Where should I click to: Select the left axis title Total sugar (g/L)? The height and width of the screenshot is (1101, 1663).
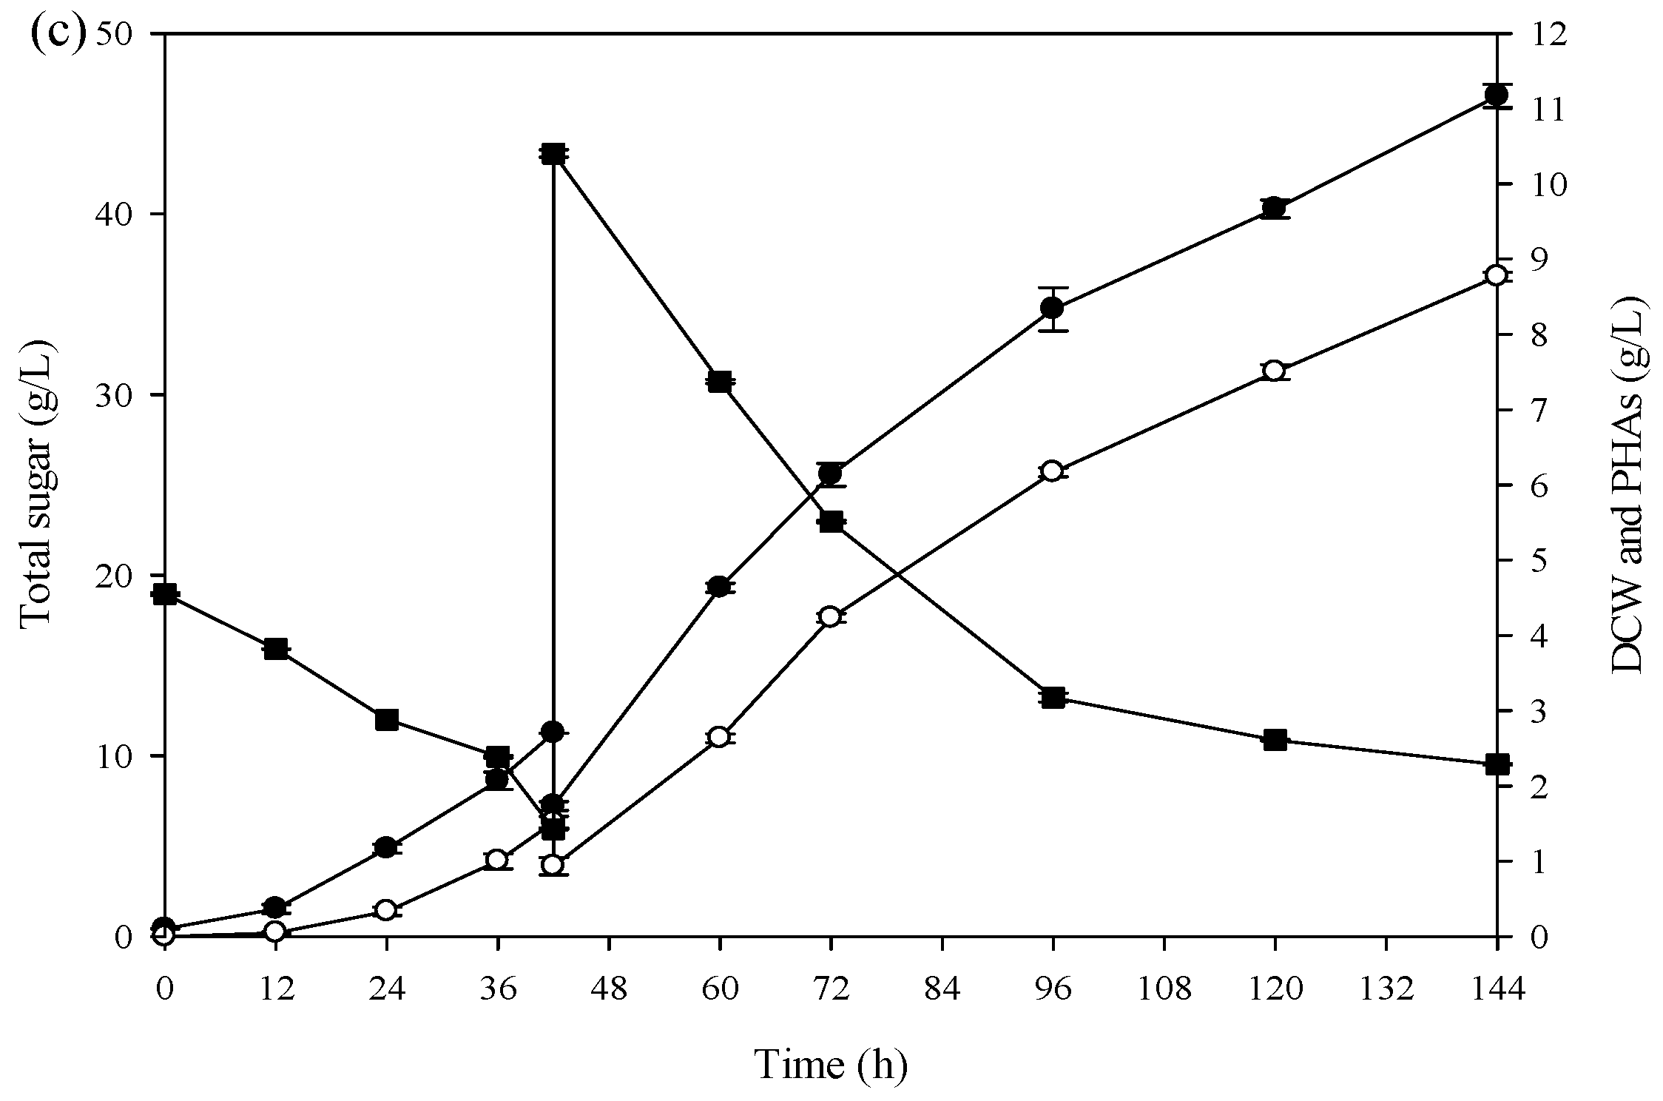(36, 485)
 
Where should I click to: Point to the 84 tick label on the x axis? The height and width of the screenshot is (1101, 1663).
(942, 989)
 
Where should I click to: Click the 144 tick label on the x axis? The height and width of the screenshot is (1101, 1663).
(1497, 989)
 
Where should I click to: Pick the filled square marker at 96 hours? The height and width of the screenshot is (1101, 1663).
(1053, 698)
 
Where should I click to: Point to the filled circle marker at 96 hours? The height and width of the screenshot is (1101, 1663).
(1052, 308)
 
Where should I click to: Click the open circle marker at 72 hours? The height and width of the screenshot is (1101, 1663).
(830, 617)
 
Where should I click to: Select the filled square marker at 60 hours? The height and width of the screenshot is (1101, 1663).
(719, 383)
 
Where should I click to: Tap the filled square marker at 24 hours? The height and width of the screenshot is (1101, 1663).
(386, 719)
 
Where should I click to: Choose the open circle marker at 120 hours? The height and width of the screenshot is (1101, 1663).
(1274, 371)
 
